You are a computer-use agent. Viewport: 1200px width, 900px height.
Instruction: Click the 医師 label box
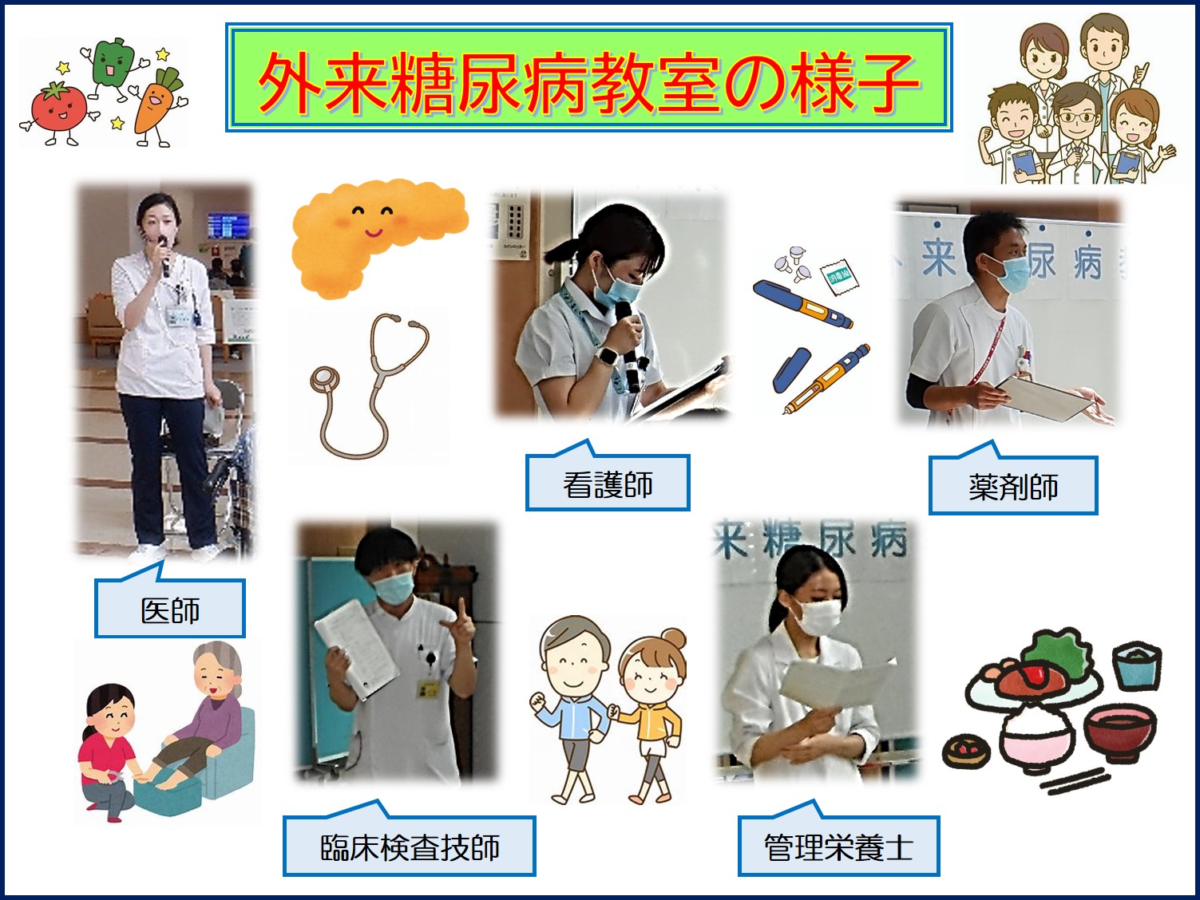[170, 608]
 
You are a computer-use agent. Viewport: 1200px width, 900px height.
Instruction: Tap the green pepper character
[113, 65]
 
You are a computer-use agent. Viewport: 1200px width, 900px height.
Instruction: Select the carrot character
[157, 106]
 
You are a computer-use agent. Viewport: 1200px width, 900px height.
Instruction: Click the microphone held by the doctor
[164, 255]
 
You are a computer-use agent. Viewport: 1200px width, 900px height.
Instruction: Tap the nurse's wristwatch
[608, 356]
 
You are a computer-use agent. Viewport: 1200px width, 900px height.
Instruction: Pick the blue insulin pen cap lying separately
[791, 369]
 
